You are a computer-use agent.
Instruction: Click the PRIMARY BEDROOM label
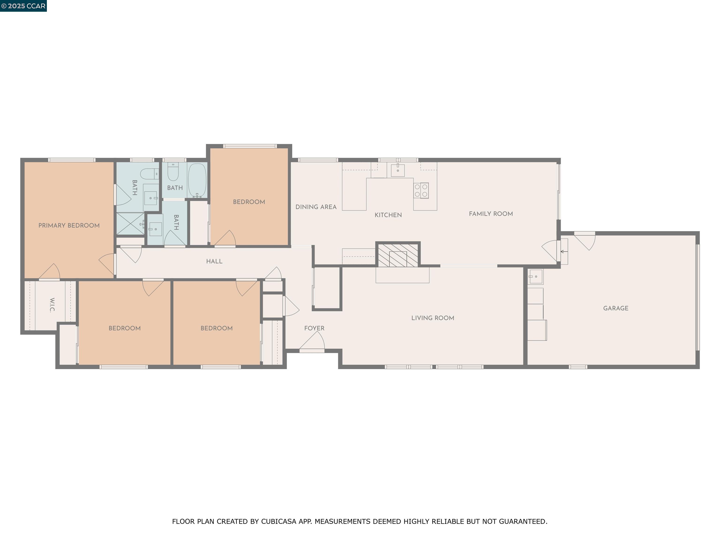pos(69,225)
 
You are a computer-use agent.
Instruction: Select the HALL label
pos(214,261)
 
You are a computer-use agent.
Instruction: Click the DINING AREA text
pos(316,207)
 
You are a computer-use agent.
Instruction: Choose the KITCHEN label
pos(388,215)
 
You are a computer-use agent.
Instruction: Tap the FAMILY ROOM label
pos(491,214)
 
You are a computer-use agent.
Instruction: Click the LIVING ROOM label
pos(433,318)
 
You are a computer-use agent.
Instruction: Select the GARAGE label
pos(615,308)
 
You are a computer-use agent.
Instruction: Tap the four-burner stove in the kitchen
pos(421,190)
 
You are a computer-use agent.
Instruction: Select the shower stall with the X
pos(130,224)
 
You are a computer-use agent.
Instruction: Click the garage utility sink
pos(535,277)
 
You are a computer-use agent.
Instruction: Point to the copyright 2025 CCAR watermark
pos(23,6)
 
